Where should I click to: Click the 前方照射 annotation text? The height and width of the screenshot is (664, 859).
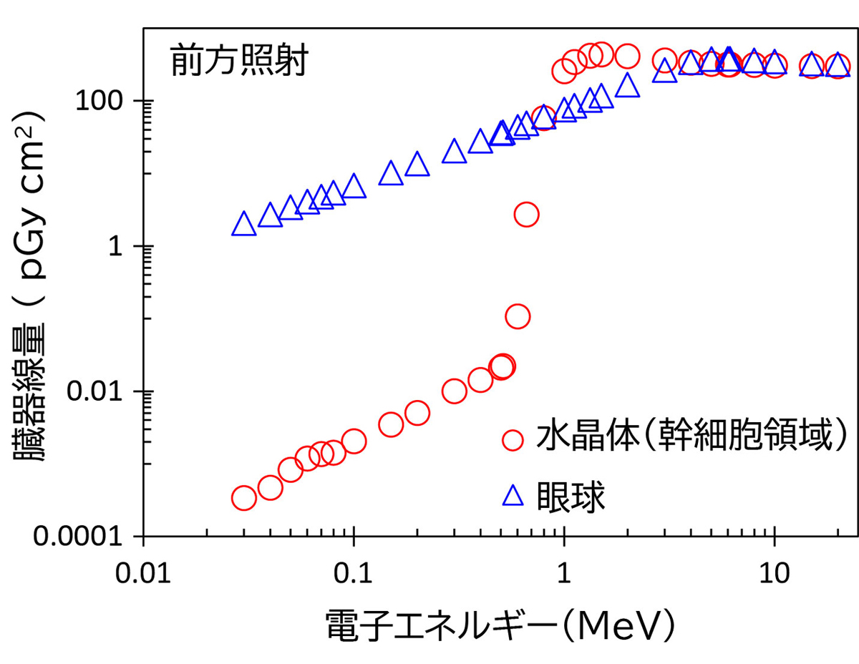238,63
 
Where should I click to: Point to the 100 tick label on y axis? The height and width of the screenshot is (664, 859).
107,101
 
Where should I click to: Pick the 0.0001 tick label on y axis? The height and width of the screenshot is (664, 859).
87,537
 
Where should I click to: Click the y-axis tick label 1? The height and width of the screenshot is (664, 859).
126,246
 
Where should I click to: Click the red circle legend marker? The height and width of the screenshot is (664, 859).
513,440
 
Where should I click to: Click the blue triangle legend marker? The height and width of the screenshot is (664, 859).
513,495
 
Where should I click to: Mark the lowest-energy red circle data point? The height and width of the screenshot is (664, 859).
244,498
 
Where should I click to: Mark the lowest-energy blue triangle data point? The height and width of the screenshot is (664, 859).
244,225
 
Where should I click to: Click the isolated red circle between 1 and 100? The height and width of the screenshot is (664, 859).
526,214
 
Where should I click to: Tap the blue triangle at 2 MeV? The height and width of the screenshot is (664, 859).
627,85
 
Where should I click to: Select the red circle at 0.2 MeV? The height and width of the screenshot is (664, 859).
417,413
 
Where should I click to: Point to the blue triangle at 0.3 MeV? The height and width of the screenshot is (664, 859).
454,152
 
